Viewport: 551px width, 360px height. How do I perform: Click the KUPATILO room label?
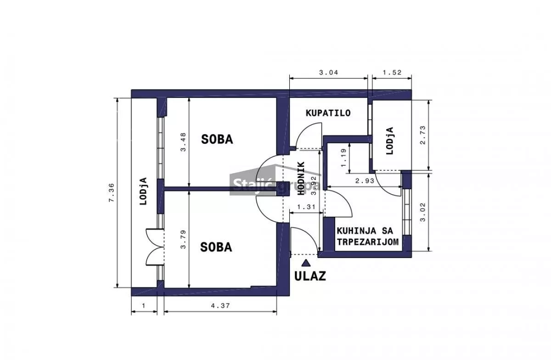pyautogui.click(x=328, y=112)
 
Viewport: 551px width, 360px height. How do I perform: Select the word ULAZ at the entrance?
pyautogui.click(x=310, y=276)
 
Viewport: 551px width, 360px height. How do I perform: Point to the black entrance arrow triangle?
pyautogui.click(x=305, y=263)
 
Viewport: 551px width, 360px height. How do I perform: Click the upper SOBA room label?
pyautogui.click(x=217, y=139)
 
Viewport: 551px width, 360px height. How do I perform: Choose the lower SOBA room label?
pyautogui.click(x=216, y=247)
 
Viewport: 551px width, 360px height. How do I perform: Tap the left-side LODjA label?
pyautogui.click(x=143, y=191)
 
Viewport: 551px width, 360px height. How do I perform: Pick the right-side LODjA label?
pyautogui.click(x=390, y=141)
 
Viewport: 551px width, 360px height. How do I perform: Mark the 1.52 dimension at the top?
pyautogui.click(x=392, y=72)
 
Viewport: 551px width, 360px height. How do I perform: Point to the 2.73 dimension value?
pyautogui.click(x=423, y=135)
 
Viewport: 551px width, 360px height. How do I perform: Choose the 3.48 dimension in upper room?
pyautogui.click(x=183, y=143)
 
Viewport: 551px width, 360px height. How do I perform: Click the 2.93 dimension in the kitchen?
pyautogui.click(x=365, y=181)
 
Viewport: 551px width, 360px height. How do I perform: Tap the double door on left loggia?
pyautogui.click(x=155, y=247)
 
